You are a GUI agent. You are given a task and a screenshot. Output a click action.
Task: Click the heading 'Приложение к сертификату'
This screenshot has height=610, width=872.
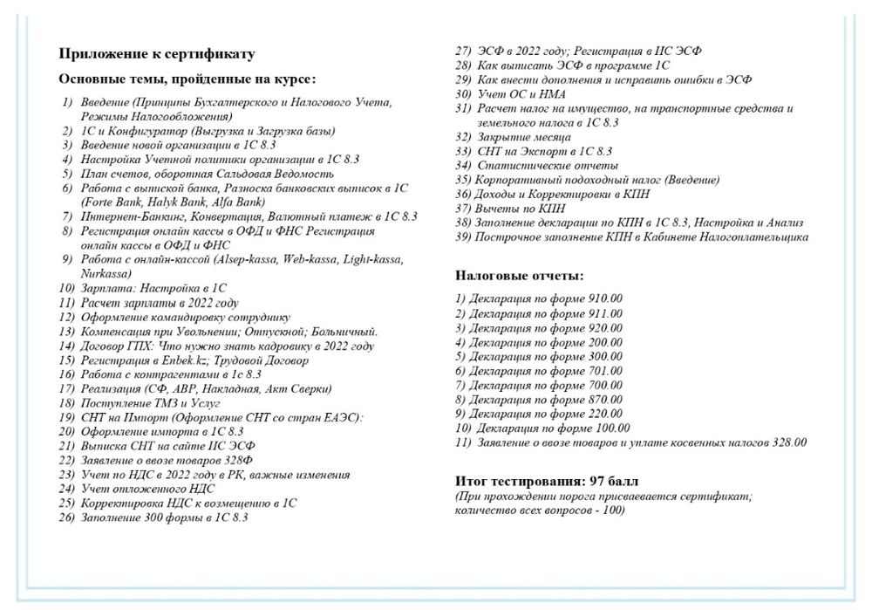[x=157, y=54]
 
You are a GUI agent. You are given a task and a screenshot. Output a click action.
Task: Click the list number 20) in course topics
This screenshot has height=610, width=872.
[x=67, y=431]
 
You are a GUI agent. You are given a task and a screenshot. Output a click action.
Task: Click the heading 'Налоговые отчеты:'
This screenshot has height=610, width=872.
[x=520, y=277]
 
